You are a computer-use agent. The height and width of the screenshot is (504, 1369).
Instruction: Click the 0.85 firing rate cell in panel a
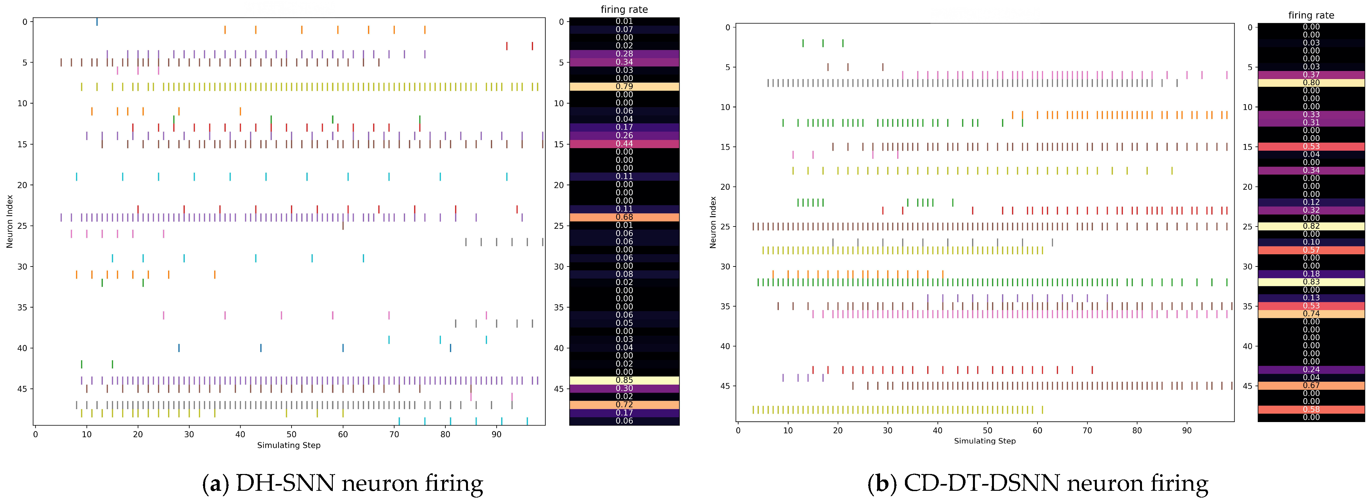(624, 380)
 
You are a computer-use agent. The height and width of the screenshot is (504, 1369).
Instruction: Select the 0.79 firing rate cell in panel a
(624, 86)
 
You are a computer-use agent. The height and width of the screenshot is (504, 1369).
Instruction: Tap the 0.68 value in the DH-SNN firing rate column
(624, 217)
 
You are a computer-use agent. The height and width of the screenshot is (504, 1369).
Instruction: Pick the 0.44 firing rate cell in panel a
(624, 144)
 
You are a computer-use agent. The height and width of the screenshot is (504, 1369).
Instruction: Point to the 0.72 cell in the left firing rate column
(624, 405)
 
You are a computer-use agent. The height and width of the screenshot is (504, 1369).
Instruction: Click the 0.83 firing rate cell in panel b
(1311, 282)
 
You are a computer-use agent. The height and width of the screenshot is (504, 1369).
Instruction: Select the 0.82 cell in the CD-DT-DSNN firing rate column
(1311, 226)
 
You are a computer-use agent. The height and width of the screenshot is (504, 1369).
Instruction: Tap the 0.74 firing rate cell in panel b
(1311, 314)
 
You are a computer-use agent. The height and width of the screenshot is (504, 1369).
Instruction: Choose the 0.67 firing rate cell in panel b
(1311, 386)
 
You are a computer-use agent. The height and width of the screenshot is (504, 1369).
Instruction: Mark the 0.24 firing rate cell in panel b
(1311, 369)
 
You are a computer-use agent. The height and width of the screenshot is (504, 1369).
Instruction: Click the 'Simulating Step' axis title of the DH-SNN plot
(289, 446)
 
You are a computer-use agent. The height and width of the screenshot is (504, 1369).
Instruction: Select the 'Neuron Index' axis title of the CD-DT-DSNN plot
(713, 222)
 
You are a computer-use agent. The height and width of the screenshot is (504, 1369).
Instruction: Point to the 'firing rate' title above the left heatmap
(624, 10)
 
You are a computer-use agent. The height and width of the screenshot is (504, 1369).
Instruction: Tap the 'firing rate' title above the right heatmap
(1311, 15)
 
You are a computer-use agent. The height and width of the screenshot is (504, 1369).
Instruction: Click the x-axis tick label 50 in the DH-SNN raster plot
(292, 434)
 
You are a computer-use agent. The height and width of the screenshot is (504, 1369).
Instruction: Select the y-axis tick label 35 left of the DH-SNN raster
(22, 307)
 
